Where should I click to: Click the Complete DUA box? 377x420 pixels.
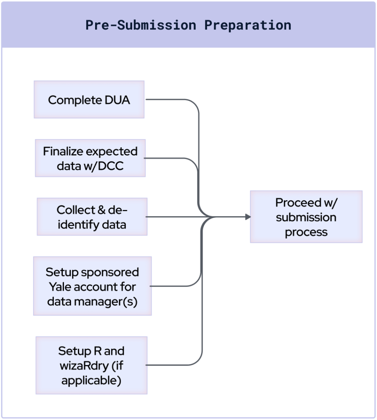pos(89,99)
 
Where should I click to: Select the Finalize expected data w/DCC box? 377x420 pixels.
pos(90,158)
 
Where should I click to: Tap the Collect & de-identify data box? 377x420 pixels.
pos(92,217)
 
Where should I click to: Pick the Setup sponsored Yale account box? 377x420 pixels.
pos(92,286)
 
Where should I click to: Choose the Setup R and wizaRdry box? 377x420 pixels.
pos(91,365)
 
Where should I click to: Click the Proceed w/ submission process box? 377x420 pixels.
pos(306,217)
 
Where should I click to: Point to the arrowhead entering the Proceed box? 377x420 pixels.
pos(248,217)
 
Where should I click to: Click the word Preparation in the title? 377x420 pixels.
pos(248,25)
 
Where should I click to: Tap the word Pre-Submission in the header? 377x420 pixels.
pos(141,25)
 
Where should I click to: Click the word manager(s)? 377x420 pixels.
pos(105,302)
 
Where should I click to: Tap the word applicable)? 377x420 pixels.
pos(91,381)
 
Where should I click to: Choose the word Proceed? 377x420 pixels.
pos(298,203)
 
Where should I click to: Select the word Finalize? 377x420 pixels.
pos(63,151)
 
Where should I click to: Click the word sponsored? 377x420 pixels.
pos(110,273)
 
